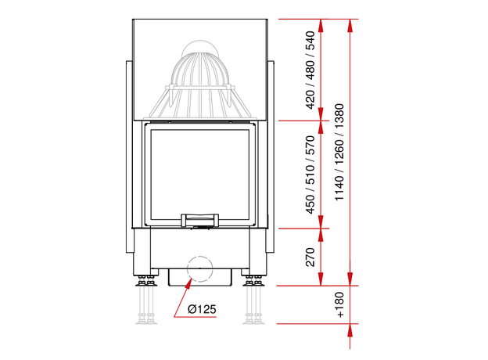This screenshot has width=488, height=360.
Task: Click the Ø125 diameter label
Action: coord(202,309)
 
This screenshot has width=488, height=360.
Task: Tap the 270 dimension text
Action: coord(310,257)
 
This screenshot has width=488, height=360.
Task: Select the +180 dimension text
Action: coord(340,304)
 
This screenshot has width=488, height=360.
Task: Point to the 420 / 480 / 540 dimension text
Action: coord(310,70)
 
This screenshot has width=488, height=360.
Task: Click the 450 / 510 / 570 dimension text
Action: coord(310,175)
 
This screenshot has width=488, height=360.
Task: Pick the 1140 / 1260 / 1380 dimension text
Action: coord(339,153)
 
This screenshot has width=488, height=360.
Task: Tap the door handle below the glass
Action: coord(199,220)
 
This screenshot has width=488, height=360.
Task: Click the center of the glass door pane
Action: coord(199,174)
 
